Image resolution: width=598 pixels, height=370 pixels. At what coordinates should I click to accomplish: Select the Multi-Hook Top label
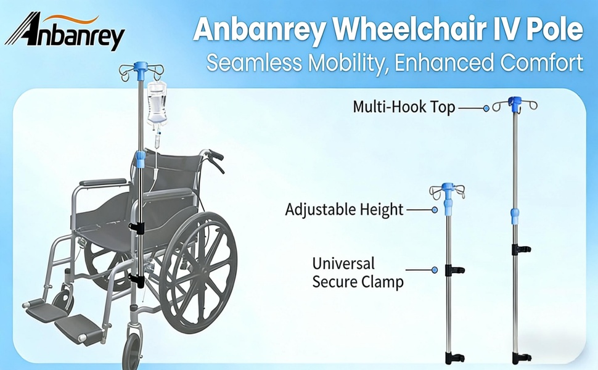[x=404, y=107]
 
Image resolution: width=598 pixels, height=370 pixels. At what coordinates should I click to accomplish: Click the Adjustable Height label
[x=344, y=210]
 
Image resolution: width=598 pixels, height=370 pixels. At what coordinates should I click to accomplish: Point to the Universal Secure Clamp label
[x=358, y=273]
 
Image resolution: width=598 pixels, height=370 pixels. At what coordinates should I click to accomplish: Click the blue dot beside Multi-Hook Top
[x=486, y=109]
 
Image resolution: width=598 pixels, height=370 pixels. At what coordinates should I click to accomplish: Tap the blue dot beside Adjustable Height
[x=435, y=210]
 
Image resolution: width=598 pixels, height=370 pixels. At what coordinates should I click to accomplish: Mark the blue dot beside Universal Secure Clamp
[x=435, y=270]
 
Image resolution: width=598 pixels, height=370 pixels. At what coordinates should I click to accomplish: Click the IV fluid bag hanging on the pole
[x=157, y=103]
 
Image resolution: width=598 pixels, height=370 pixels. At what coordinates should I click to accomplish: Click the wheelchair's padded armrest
[x=103, y=182]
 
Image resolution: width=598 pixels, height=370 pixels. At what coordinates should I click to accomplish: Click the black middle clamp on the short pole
[x=454, y=270]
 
